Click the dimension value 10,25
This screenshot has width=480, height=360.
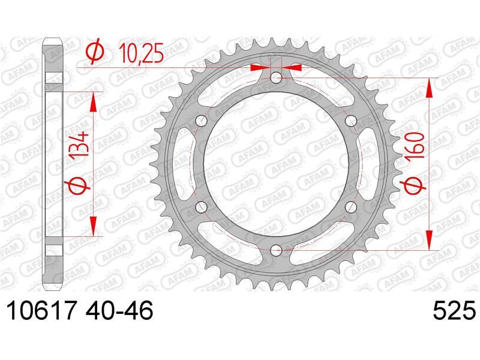pyautogui.click(x=141, y=53)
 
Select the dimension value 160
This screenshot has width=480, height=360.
pyautogui.click(x=415, y=145)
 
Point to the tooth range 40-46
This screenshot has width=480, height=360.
pyautogui.click(x=119, y=311)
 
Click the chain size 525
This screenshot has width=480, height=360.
pyautogui.click(x=454, y=311)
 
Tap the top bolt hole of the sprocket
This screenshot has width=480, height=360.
pyautogui.click(x=277, y=78)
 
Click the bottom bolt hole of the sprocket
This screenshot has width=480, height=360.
pyautogui.click(x=277, y=250)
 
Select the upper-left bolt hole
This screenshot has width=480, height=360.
pyautogui.click(x=202, y=121)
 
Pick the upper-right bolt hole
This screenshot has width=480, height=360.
pyautogui.click(x=351, y=121)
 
